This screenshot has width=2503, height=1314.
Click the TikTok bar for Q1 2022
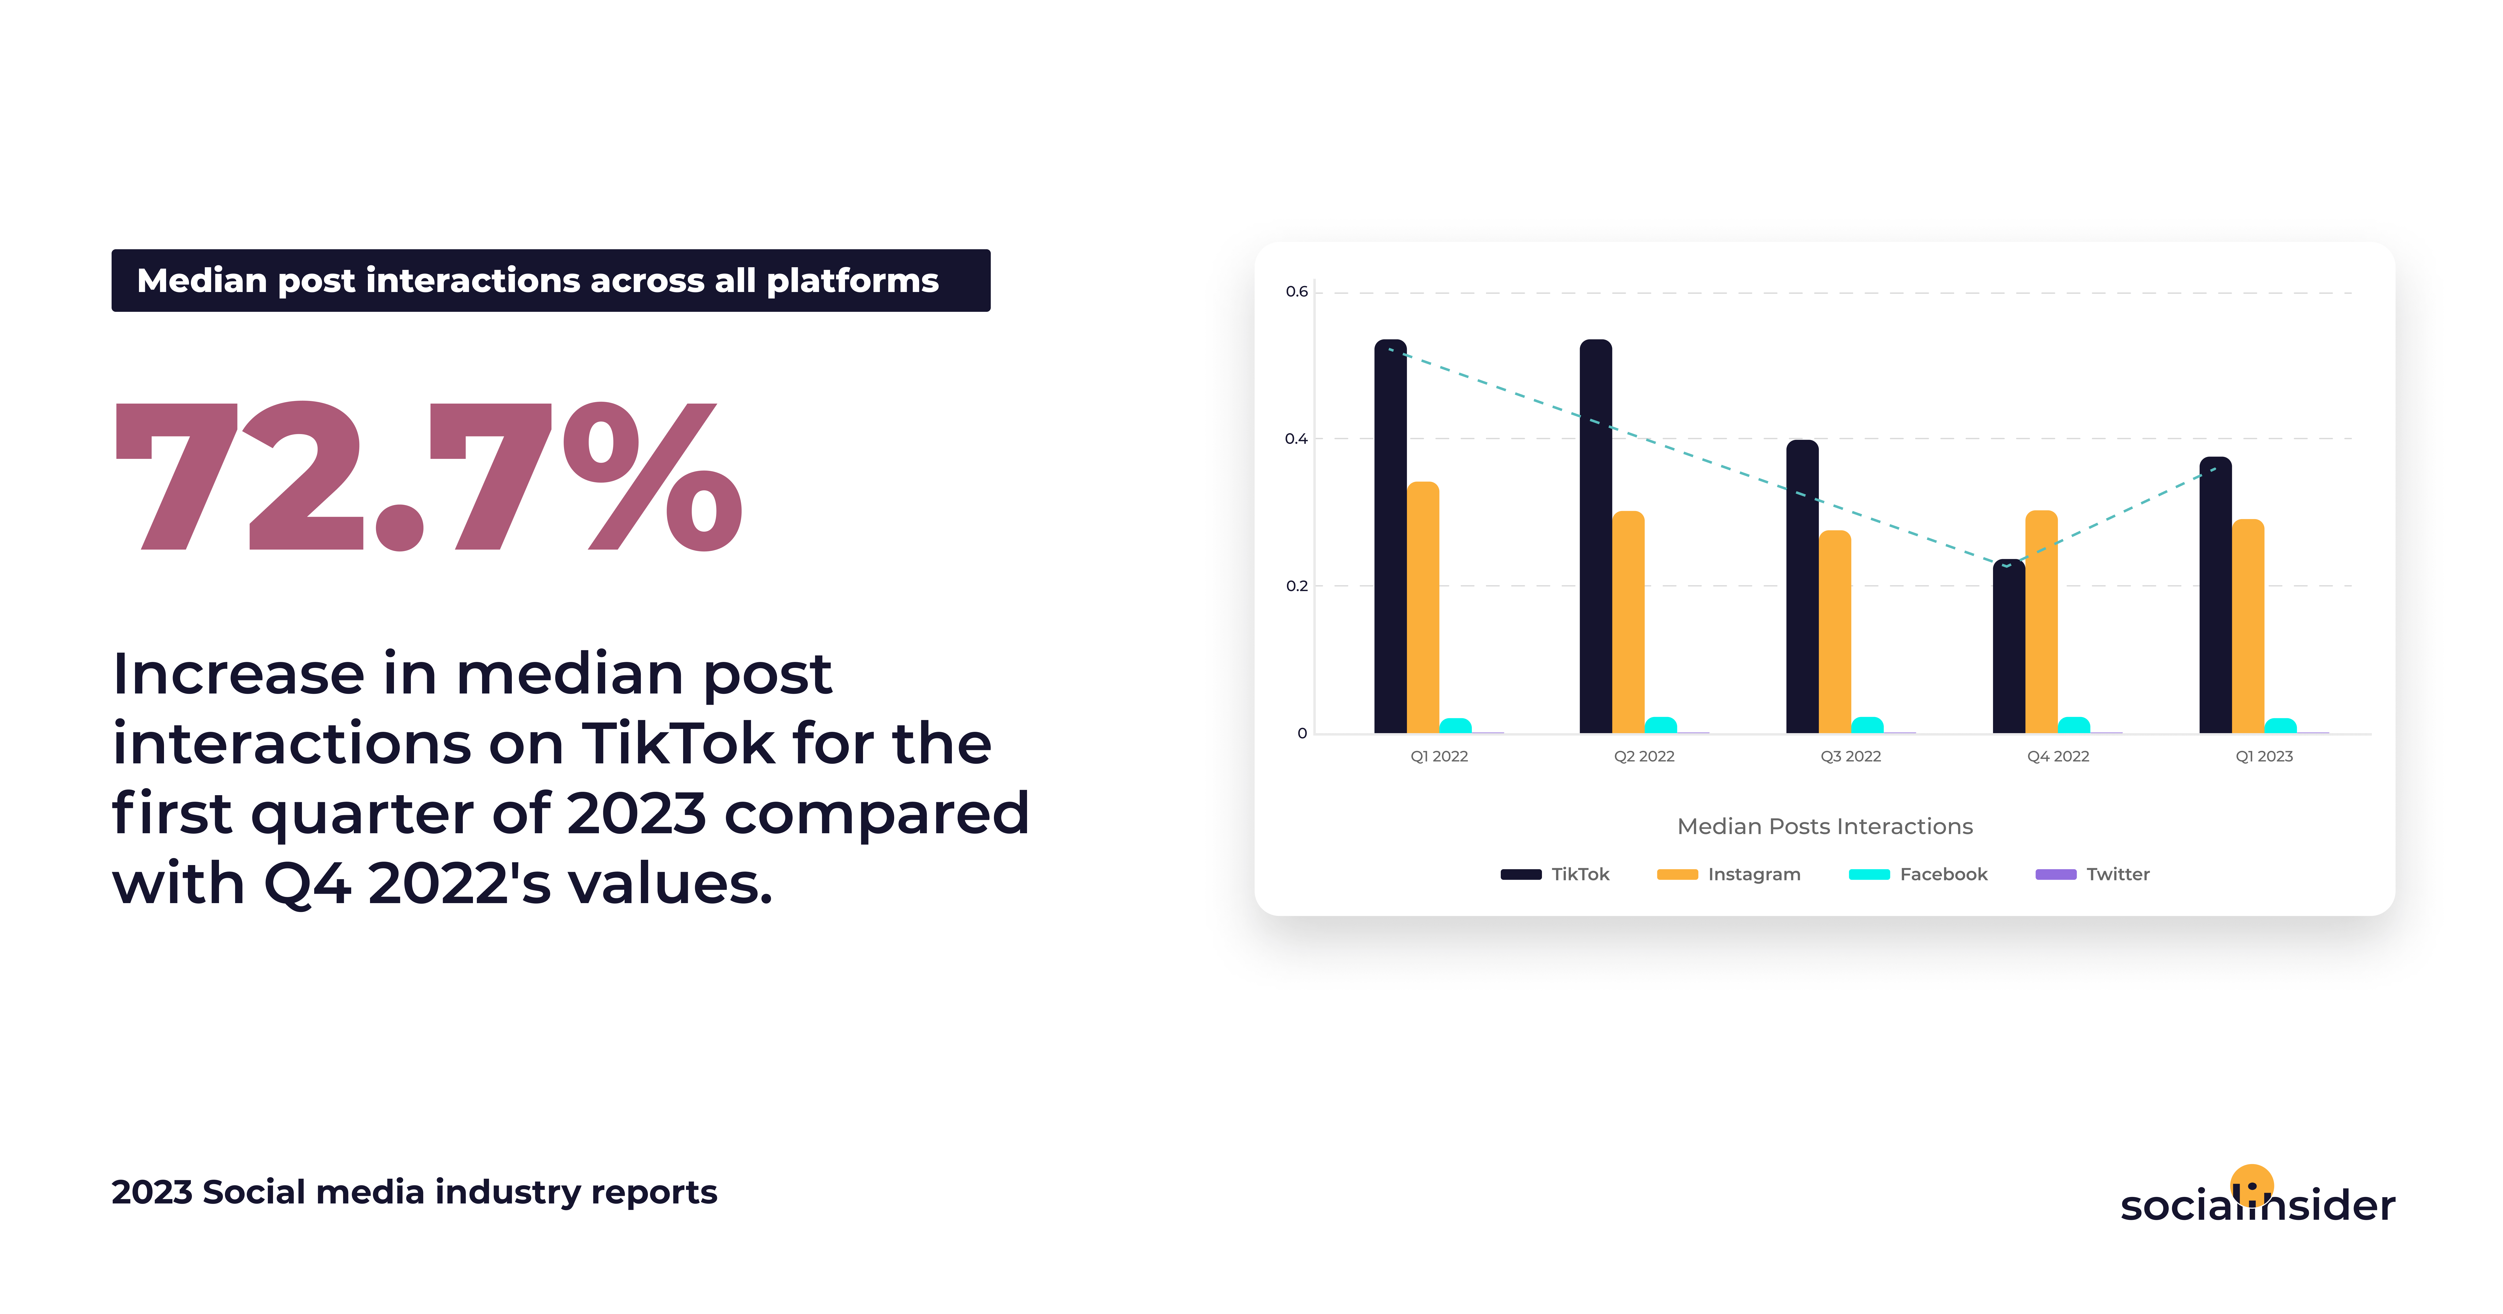click(1390, 537)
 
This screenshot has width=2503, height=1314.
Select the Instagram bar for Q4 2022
click(2042, 622)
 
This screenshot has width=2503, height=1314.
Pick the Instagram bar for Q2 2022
click(1629, 622)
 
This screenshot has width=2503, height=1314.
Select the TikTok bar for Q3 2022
click(1802, 586)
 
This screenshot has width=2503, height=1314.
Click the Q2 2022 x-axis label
click(1644, 756)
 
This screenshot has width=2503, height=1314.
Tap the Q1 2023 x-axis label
click(2264, 756)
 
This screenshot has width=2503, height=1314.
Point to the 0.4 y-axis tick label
click(1296, 438)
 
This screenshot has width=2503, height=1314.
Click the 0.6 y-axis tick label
click(1296, 291)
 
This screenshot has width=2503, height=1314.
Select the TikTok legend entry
click(1555, 874)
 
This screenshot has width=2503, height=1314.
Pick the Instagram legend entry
click(1729, 874)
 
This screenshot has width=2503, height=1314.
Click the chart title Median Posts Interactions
click(1825, 826)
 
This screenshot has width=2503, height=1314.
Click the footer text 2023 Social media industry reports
click(414, 1193)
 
